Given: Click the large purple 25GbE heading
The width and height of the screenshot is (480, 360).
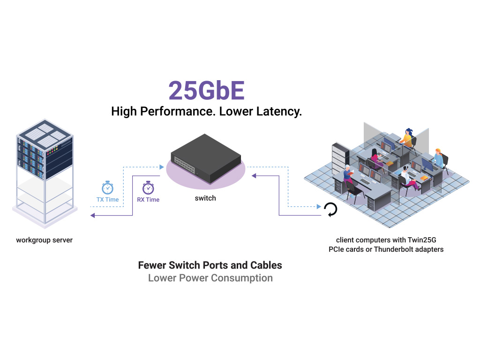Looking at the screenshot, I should coord(206,90).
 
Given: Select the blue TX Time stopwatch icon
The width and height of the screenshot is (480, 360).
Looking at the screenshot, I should coord(107,187).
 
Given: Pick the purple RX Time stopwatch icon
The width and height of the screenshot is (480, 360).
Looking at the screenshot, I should coord(148,187).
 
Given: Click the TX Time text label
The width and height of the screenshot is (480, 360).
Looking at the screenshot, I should coord(107,200).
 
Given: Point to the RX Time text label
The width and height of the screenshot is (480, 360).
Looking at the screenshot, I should coord(148,200).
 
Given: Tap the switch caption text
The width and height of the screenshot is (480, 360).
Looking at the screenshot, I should coord(205,198).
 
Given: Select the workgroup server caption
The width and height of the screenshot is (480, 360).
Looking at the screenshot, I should coord(45,240).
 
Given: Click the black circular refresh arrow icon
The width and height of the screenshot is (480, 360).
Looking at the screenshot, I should coord(330,210).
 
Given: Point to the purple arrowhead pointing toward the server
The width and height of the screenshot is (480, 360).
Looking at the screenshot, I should coord(93,216).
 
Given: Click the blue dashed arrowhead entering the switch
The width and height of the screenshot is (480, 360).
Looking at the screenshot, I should coord(162,166).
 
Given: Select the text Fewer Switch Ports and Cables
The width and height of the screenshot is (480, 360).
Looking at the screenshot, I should coord(210,265).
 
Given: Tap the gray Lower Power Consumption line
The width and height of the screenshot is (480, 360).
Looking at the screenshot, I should coord(210,278).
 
